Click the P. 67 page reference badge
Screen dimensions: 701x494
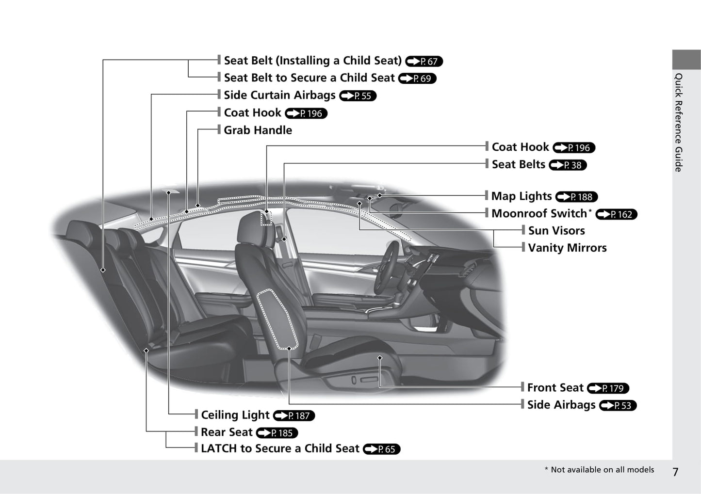424,61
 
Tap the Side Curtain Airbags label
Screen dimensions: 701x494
280,95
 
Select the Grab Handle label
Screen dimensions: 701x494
258,130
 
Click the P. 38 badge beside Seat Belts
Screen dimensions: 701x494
568,165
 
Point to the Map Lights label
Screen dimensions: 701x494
522,196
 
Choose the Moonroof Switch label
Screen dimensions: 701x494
539,213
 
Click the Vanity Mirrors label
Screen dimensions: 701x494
568,248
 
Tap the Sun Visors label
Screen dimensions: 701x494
556,230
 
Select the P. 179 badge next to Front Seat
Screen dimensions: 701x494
608,388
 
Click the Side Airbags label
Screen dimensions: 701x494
561,405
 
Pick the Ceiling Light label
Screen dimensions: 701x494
235,415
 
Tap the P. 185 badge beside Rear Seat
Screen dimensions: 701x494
277,433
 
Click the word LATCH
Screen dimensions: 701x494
219,448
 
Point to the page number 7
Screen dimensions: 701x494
676,472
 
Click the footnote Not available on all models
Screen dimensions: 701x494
603,470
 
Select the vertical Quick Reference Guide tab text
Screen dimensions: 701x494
679,122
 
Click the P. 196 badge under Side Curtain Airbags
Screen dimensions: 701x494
306,113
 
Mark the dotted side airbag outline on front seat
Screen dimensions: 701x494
277,319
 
